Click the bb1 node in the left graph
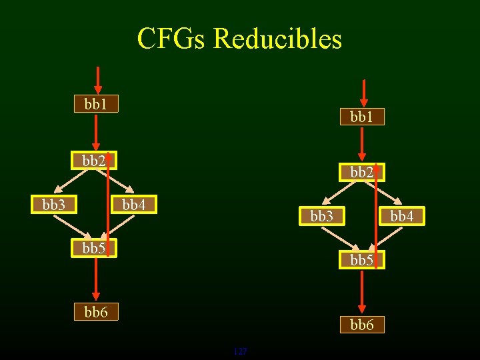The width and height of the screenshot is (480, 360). click(95, 104)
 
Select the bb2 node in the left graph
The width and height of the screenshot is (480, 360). click(94, 161)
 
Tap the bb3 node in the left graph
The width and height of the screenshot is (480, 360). click(53, 205)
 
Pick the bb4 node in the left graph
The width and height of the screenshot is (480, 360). click(134, 205)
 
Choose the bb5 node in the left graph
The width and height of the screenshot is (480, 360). click(94, 249)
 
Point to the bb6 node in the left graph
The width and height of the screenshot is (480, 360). click(95, 312)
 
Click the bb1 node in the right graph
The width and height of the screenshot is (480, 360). click(362, 117)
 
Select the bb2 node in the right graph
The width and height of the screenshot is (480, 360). click(362, 172)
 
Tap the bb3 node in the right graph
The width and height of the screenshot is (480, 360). click(321, 216)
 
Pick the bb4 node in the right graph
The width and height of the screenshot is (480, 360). click(402, 216)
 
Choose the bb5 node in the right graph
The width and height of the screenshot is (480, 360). click(362, 260)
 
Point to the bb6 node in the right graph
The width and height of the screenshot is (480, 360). click(362, 325)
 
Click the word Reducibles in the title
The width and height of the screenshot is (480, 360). click(278, 39)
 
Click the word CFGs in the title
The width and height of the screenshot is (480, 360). click(171, 39)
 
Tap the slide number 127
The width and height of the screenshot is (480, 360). click(240, 351)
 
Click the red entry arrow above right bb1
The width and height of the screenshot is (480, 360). click(363, 93)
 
